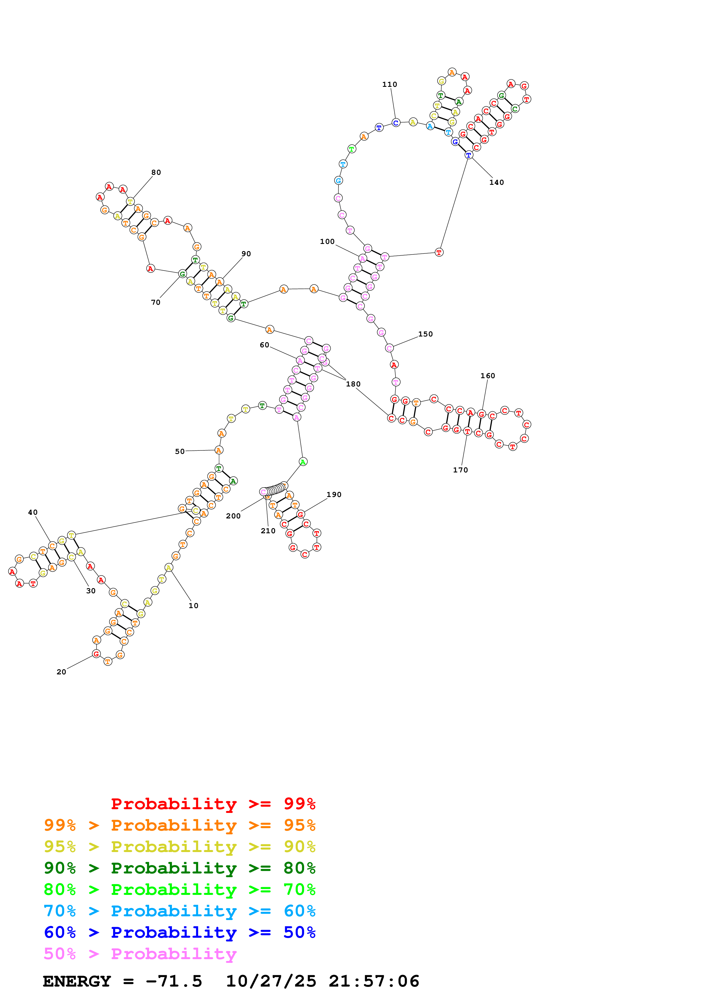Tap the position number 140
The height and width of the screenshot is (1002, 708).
pyautogui.click(x=496, y=183)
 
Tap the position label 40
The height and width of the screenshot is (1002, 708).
pyautogui.click(x=33, y=512)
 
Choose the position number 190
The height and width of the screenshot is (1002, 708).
pyautogui.click(x=334, y=494)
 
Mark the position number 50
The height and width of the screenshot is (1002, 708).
pyautogui.click(x=180, y=451)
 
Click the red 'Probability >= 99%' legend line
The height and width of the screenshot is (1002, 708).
pyautogui.click(x=213, y=803)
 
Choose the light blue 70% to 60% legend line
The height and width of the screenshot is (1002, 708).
pyautogui.click(x=179, y=911)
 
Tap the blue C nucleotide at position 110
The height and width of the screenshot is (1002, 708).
pyautogui.click(x=395, y=123)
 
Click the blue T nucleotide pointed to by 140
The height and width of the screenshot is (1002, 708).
pyautogui.click(x=468, y=155)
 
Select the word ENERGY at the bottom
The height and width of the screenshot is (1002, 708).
pyautogui.click(x=77, y=981)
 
